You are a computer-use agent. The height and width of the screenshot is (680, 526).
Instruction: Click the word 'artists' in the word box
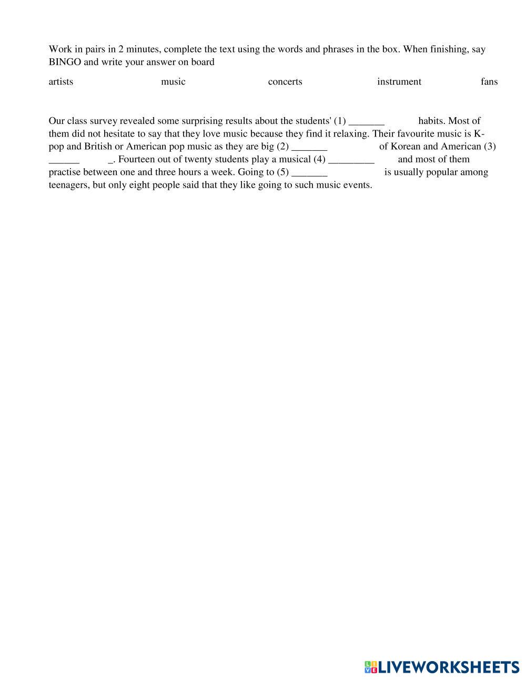coord(60,81)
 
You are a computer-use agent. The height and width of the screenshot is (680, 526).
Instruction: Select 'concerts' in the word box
coord(285,81)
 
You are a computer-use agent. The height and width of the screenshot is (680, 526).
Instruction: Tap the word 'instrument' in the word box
coord(399,81)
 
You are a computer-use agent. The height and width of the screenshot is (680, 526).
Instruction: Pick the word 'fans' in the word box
coord(489,81)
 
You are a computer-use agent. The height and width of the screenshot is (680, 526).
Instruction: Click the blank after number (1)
coord(367,121)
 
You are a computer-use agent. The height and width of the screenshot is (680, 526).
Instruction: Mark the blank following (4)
coord(351,160)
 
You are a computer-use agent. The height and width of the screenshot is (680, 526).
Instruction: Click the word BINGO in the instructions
coord(65,62)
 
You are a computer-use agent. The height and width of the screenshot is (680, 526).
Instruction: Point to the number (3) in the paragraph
coord(489,147)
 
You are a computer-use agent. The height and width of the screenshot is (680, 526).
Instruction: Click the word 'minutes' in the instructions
coord(143,49)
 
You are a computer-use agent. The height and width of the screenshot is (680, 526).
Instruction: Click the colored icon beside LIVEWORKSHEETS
coord(371,667)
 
